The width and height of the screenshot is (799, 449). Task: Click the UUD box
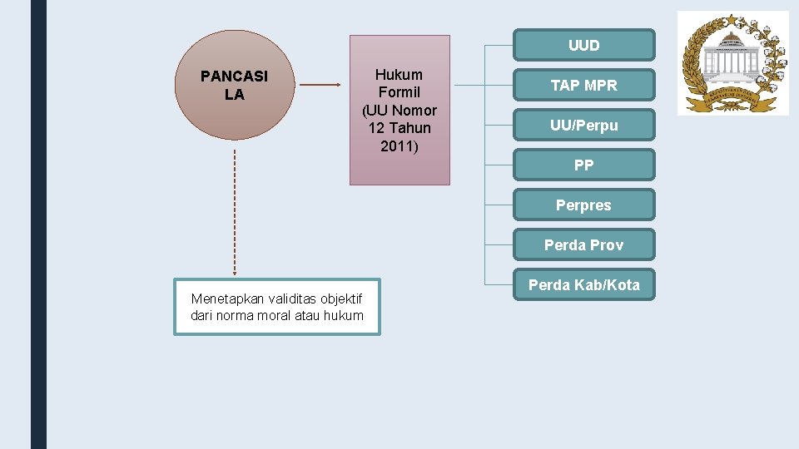coord(583,46)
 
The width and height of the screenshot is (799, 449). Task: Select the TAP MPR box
coord(583,86)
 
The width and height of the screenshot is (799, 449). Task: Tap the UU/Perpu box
coord(583,126)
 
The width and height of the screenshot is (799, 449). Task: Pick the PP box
coord(583,165)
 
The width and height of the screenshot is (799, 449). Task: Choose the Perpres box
coord(583,205)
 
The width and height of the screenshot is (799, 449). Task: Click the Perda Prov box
coord(583,245)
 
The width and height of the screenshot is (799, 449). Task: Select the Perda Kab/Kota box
coord(583,285)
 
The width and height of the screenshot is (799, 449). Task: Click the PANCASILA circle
coord(234,86)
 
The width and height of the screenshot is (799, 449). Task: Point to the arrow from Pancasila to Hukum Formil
coord(320,85)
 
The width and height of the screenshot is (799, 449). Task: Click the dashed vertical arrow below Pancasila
coord(235,212)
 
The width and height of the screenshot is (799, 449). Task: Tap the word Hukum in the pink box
coord(399,75)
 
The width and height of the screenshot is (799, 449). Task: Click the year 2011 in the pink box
coord(399,146)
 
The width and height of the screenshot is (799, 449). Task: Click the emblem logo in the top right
coord(732,62)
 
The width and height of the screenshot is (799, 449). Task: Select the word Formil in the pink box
coord(399,92)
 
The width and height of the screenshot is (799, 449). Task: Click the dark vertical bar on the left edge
coord(38,224)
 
